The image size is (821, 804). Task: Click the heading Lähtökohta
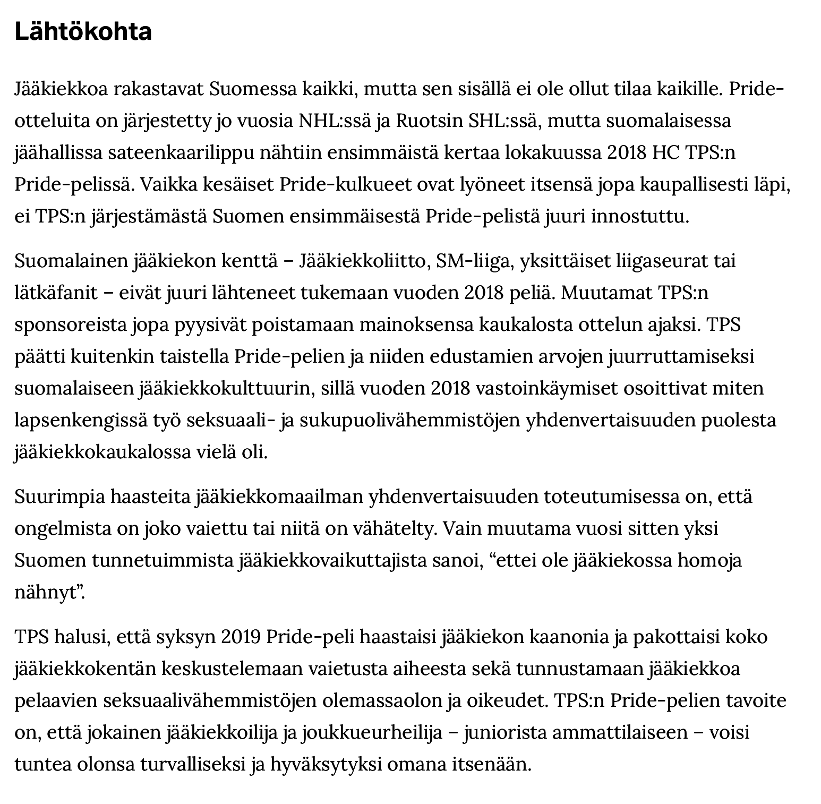click(83, 32)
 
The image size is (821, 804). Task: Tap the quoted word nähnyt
click(48, 593)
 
